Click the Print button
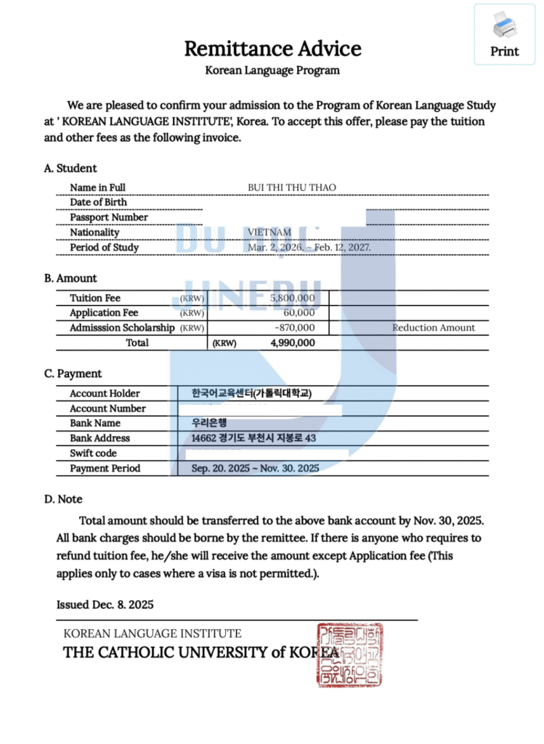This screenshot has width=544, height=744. point(505,35)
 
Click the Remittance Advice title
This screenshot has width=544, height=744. point(272,49)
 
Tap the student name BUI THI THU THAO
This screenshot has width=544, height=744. point(292,187)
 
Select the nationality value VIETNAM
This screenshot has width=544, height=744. point(269,232)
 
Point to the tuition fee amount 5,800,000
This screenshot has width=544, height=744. point(292,298)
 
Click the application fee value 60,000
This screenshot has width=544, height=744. point(299,313)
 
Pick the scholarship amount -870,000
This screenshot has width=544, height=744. point(294,328)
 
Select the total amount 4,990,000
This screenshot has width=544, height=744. point(292,343)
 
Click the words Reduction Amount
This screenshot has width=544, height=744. point(434,328)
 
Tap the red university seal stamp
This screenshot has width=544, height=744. point(349,655)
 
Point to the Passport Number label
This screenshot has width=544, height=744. point(109,217)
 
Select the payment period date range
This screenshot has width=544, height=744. point(255,469)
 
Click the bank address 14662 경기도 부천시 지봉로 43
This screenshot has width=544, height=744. point(253,438)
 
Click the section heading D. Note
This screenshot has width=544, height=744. point(63,499)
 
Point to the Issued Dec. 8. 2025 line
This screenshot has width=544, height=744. point(105,604)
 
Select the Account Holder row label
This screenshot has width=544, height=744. point(105,393)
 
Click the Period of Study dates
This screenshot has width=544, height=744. point(309,248)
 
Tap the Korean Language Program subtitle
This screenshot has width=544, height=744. point(272,70)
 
